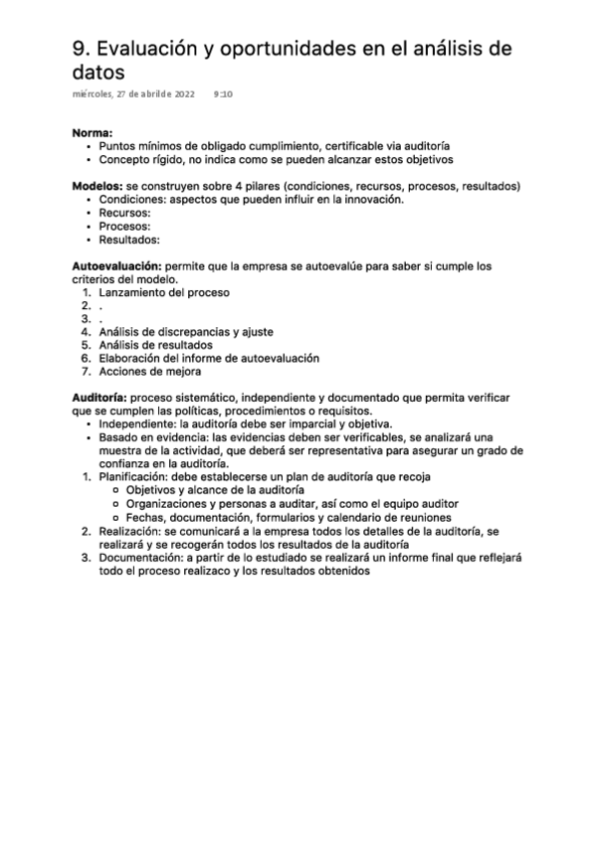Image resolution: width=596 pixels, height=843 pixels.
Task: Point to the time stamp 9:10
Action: (x=223, y=94)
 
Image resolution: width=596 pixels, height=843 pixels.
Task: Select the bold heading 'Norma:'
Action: (x=93, y=132)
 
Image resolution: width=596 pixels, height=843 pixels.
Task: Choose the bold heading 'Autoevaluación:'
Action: (x=117, y=265)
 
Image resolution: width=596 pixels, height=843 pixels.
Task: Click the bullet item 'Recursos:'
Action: (x=124, y=213)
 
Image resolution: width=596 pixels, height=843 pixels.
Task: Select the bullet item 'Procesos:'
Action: (x=124, y=226)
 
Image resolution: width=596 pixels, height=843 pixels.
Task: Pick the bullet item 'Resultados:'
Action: (x=129, y=240)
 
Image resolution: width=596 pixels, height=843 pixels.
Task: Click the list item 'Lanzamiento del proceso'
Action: (x=164, y=292)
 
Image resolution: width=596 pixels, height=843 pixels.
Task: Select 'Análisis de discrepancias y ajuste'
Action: (x=186, y=332)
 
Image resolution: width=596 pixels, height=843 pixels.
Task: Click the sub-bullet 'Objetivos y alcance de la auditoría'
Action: (x=215, y=491)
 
